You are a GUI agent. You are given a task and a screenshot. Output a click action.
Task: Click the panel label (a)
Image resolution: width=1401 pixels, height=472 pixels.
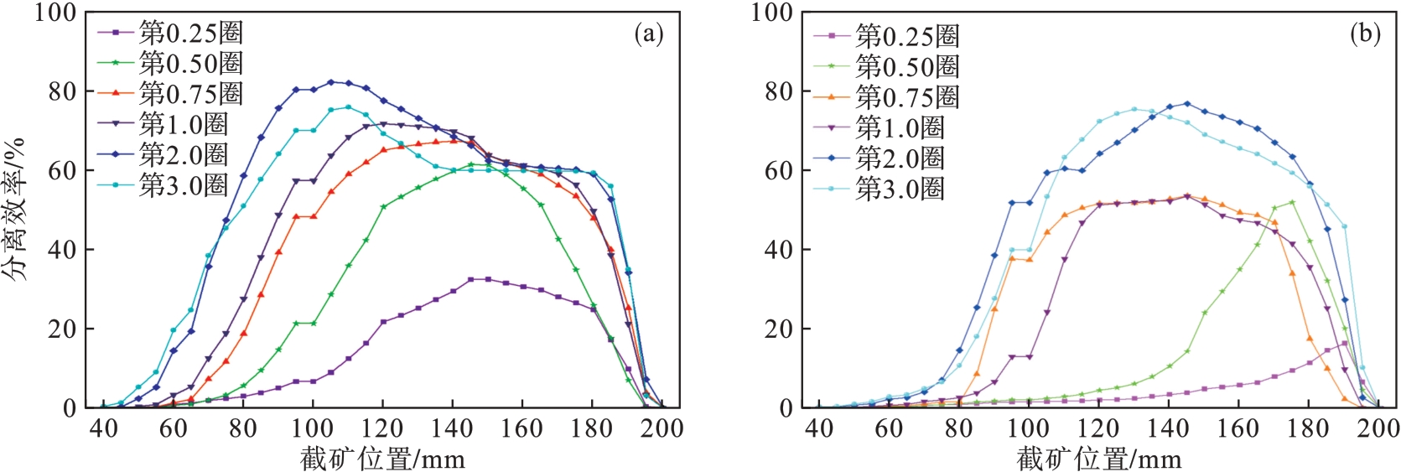pyautogui.click(x=649, y=34)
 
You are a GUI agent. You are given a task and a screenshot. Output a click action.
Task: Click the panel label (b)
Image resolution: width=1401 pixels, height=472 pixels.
pyautogui.click(x=1365, y=34)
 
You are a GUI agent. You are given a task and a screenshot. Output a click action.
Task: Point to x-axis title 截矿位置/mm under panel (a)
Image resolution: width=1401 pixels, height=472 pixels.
pyautogui.click(x=382, y=459)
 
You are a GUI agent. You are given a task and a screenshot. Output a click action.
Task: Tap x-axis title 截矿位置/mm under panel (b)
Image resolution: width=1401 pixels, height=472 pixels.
pyautogui.click(x=1099, y=459)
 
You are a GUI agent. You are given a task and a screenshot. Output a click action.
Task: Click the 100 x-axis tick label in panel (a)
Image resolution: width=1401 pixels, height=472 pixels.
pyautogui.click(x=313, y=429)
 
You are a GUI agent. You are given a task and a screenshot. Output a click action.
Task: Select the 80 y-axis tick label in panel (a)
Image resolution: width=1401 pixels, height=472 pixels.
pyautogui.click(x=61, y=91)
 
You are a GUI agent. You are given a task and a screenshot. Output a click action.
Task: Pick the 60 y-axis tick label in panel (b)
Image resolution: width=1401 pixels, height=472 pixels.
pyautogui.click(x=778, y=170)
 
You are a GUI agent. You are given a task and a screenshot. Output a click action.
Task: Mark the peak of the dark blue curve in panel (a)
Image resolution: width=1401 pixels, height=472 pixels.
pyautogui.click(x=331, y=82)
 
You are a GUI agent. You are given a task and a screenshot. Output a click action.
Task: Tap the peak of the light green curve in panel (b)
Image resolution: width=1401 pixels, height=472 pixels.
pyautogui.click(x=1292, y=202)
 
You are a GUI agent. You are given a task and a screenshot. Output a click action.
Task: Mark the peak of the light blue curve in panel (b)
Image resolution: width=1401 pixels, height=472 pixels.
pyautogui.click(x=1134, y=109)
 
